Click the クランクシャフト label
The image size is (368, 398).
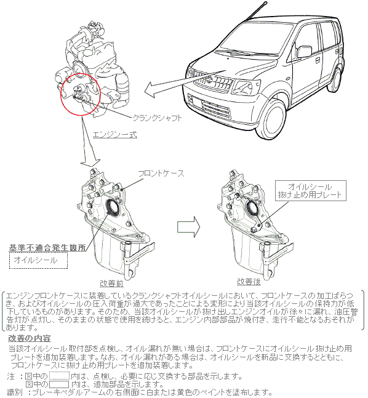point(157,118)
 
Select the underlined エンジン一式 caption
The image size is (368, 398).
point(115,135)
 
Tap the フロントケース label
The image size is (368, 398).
point(161,173)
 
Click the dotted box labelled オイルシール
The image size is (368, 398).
point(39,260)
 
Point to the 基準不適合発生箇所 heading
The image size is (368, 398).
point(47,248)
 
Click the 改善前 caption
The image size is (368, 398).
point(111,283)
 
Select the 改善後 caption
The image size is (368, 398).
point(249,282)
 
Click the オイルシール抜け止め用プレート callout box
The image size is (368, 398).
point(311,191)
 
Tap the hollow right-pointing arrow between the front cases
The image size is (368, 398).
point(188,227)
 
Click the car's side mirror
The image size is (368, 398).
point(304,52)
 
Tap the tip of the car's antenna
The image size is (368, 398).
point(265,3)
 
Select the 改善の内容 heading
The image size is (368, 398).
point(30,338)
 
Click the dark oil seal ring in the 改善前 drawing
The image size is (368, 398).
point(112,207)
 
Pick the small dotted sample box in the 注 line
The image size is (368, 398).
point(59,376)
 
